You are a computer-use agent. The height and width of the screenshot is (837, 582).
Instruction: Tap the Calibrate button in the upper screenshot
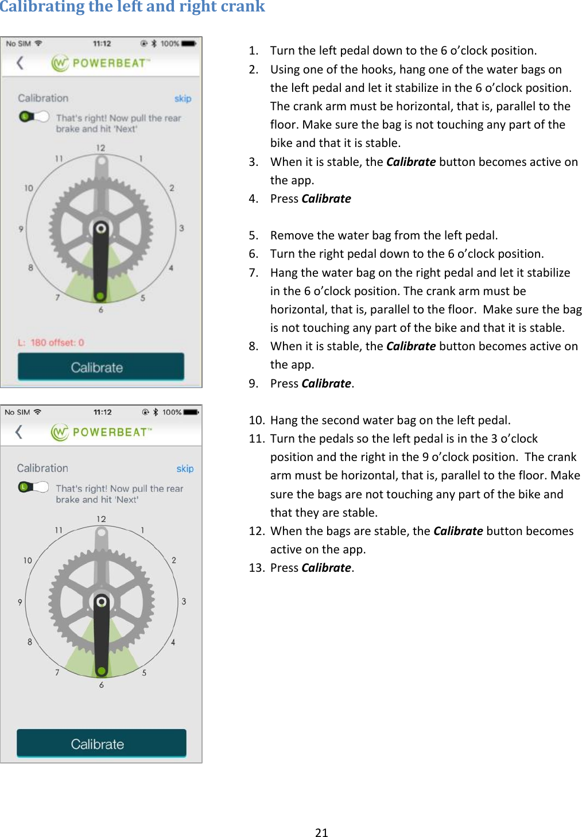point(100,367)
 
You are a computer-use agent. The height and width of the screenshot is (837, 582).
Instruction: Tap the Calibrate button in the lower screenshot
point(101,743)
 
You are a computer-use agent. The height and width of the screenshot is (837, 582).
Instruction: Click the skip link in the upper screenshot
point(183,99)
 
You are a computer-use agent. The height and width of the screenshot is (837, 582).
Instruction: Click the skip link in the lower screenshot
point(184,468)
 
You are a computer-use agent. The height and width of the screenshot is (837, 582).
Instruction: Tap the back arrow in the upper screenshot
point(21,63)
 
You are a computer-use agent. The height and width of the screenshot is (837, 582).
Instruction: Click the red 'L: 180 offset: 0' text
point(51,343)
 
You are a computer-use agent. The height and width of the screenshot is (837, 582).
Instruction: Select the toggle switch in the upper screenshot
point(34,117)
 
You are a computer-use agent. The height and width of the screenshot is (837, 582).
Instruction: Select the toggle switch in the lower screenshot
point(33,487)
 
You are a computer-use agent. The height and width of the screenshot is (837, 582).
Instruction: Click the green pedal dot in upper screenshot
point(100,296)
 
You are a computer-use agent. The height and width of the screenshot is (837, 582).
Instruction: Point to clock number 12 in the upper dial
point(100,148)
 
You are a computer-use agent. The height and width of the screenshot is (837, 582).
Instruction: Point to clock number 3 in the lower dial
point(184,601)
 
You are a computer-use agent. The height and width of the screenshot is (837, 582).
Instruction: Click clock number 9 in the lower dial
point(20,602)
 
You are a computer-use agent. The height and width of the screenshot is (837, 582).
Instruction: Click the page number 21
point(321,832)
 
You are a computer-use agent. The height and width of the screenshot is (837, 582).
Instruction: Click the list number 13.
point(257,568)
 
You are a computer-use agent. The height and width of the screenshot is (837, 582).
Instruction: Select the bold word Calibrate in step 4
point(326,199)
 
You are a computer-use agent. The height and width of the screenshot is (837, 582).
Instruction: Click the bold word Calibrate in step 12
point(457,531)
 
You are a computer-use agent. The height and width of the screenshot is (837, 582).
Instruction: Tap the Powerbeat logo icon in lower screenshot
point(60,432)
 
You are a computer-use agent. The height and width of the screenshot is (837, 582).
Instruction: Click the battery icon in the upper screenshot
point(189,44)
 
